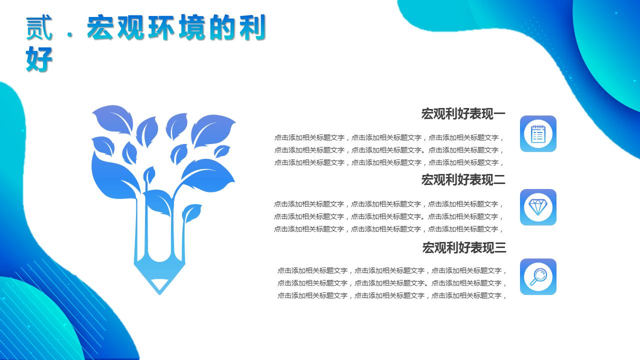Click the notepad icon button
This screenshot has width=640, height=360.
(538, 134)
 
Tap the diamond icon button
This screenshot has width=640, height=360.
(538, 207)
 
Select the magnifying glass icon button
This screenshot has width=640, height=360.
(538, 276)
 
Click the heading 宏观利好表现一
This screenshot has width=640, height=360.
(463, 114)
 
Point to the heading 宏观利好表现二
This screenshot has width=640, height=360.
(463, 180)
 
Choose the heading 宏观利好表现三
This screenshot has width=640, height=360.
(464, 247)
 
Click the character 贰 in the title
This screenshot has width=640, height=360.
(39, 28)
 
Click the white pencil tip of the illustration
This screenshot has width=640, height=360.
(159, 284)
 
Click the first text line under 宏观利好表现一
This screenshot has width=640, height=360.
(389, 137)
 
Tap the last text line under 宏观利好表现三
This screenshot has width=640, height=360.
(392, 295)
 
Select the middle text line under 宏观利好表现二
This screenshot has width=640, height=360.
(388, 216)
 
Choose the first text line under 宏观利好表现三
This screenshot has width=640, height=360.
(392, 270)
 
